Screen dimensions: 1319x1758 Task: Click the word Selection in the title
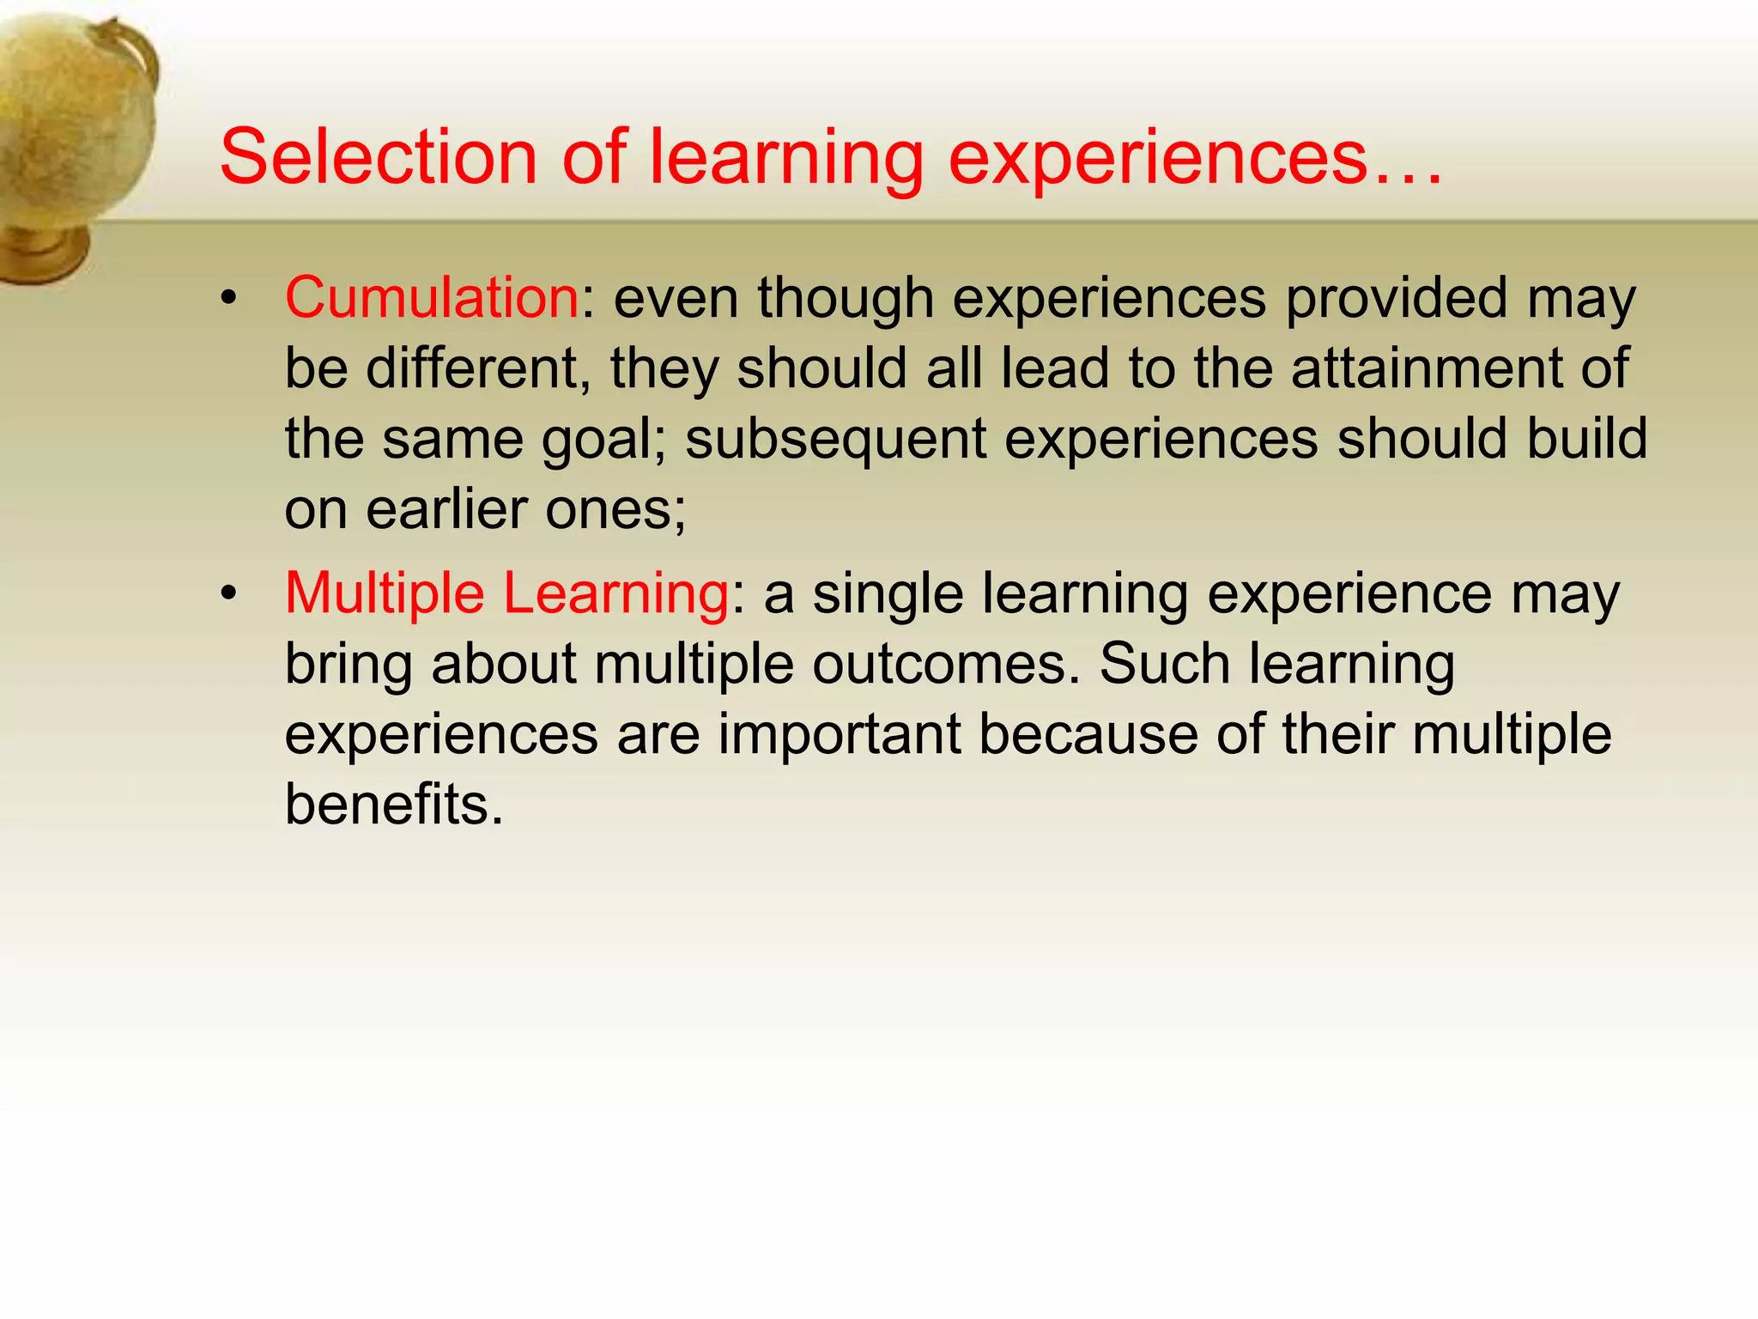378,156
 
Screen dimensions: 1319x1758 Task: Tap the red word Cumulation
432,298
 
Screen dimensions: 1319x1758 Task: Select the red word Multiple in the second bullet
385,593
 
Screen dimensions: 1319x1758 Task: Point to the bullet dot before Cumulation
227,299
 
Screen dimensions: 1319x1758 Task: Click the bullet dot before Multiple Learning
227,594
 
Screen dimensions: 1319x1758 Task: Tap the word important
840,736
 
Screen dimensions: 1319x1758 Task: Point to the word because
1088,734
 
